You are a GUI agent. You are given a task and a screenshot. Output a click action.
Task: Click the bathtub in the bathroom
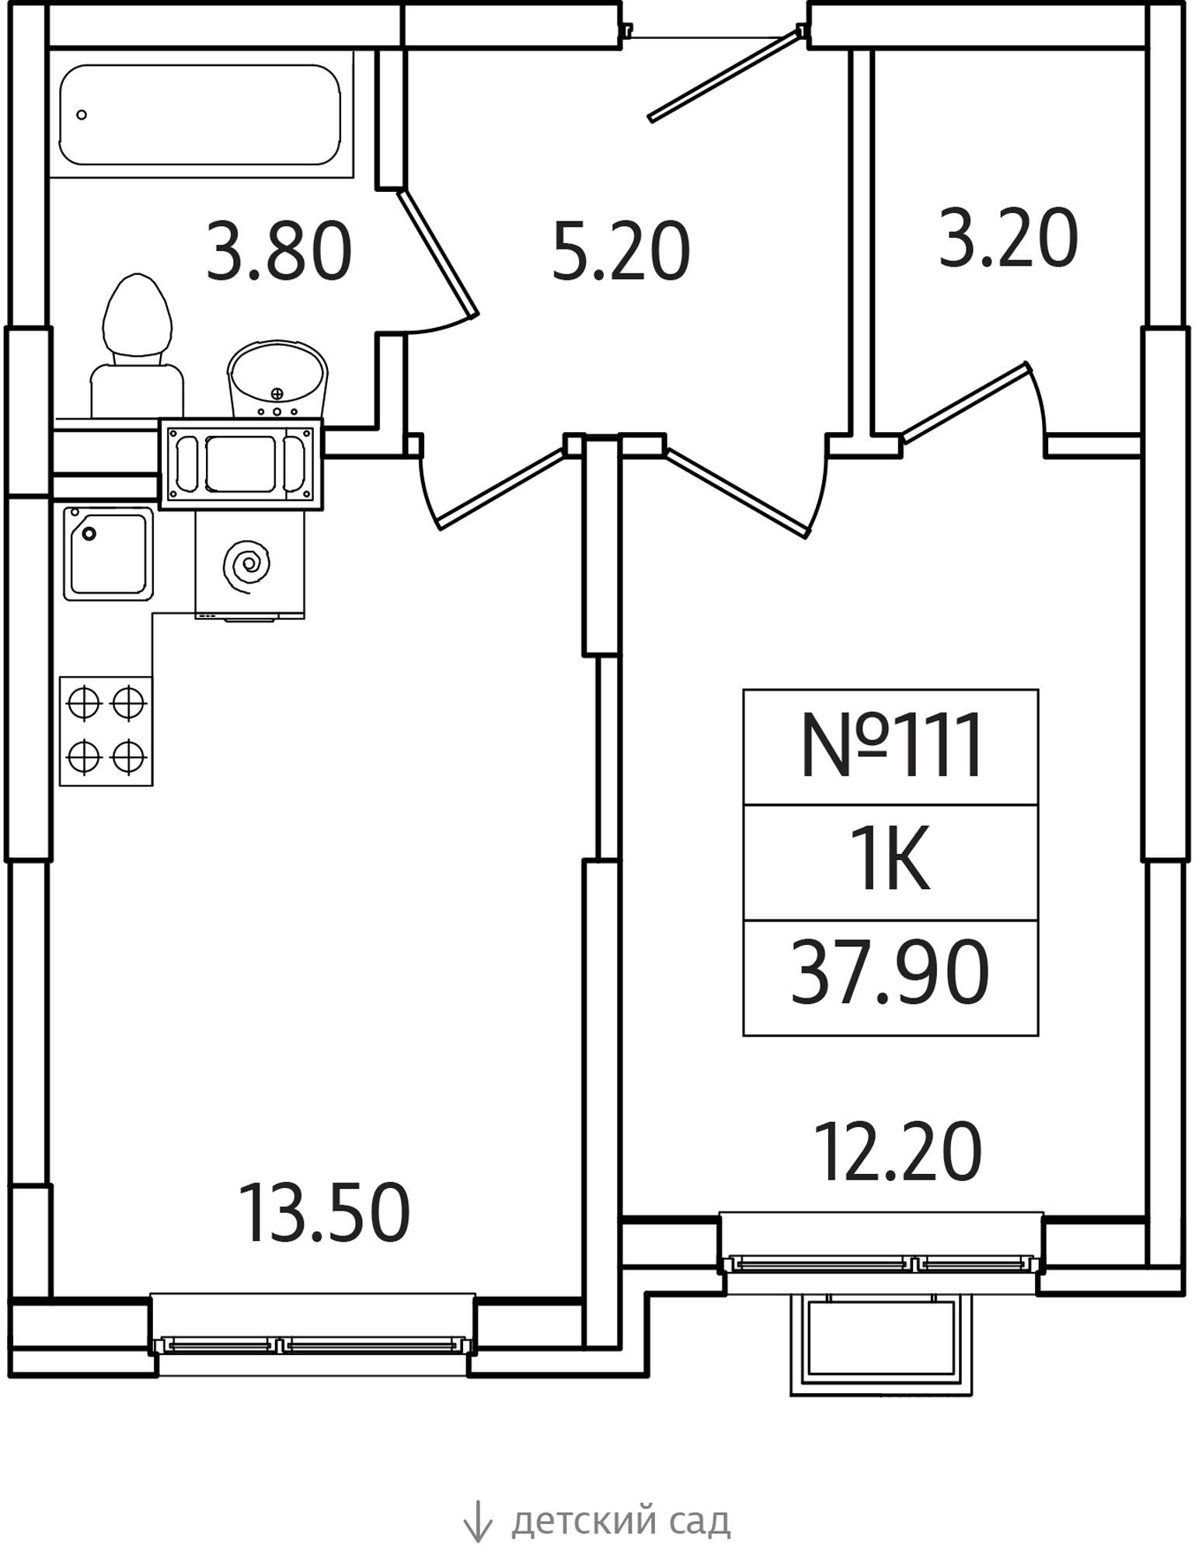pyautogui.click(x=200, y=115)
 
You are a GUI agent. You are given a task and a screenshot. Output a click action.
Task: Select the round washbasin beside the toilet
pyautogui.click(x=277, y=377)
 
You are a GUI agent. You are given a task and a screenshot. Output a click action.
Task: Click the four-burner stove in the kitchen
pyautogui.click(x=106, y=730)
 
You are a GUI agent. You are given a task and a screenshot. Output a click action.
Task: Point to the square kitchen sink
pyautogui.click(x=108, y=553)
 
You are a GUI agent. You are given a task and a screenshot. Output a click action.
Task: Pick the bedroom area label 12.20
pyautogui.click(x=897, y=1152)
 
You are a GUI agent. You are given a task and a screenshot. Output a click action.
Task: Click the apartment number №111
pyautogui.click(x=890, y=747)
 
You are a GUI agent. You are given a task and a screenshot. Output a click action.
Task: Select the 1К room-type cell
pyautogui.click(x=890, y=862)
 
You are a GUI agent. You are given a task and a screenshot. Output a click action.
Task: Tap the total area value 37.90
pyautogui.click(x=890, y=972)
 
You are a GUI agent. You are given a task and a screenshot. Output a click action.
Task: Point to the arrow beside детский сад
pyautogui.click(x=477, y=1521)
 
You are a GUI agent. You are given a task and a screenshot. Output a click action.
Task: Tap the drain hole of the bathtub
pyautogui.click(x=82, y=115)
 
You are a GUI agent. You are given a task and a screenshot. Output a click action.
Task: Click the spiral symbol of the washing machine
pyautogui.click(x=247, y=563)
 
